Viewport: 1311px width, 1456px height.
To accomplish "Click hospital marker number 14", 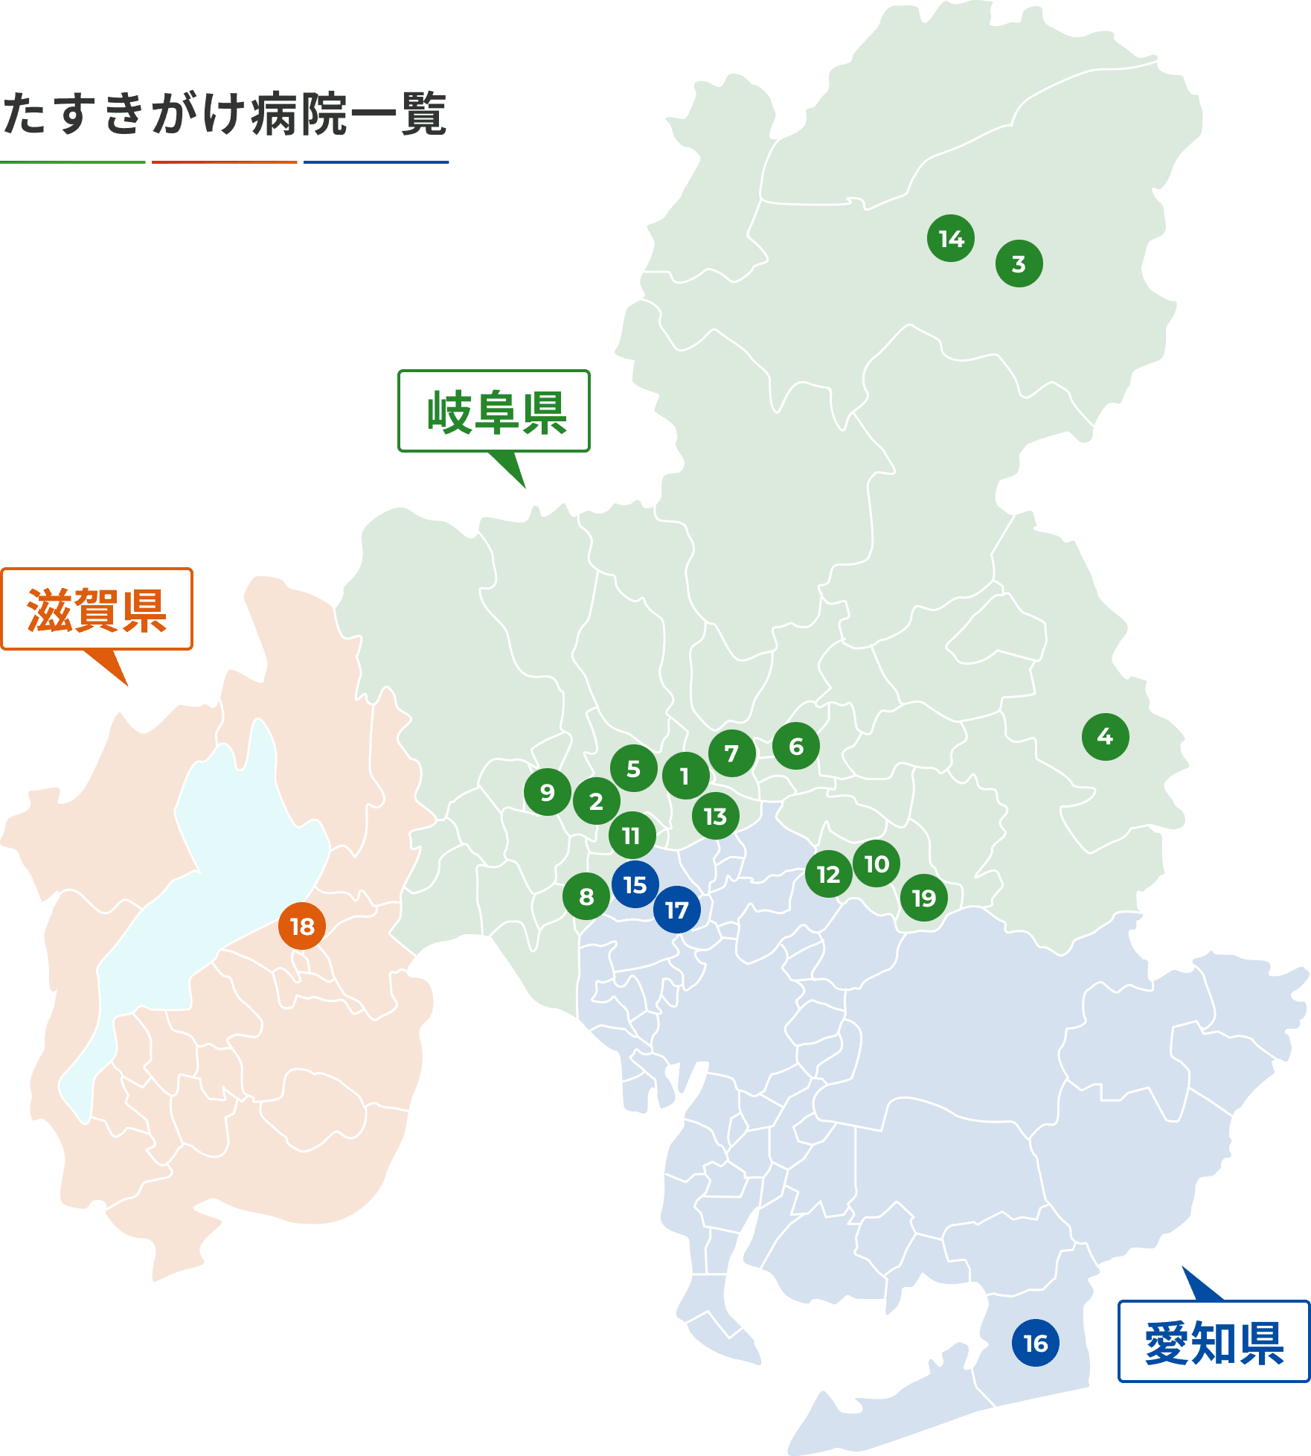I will point(951,239).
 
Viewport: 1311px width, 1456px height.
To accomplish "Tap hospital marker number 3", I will point(1019,264).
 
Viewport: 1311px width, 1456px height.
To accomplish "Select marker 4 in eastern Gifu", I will point(1105,736).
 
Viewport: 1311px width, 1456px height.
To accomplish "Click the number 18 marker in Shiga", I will point(302,927).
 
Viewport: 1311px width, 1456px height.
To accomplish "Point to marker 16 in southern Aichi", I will point(1035,1344).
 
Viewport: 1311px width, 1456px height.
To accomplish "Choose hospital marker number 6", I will point(796,747).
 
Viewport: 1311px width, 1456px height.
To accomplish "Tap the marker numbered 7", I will point(732,753).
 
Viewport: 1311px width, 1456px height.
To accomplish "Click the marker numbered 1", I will point(685,776).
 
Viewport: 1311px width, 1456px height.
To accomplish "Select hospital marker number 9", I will point(548,793).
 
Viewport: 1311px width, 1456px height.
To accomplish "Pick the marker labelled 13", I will point(715,817).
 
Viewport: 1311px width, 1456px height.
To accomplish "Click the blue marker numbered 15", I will point(635,885).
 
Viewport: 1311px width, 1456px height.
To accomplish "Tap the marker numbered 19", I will point(924,898).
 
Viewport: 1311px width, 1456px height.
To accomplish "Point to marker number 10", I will point(876,864).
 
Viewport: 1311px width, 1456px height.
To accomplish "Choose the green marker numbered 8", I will point(586,897).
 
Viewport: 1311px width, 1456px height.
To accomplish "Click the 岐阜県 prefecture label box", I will point(494,412).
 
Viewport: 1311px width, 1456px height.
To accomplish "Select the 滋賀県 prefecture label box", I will point(97,610).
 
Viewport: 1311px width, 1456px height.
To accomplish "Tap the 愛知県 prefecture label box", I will point(1214,1343).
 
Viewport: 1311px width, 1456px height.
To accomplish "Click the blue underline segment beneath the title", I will point(376,162).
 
